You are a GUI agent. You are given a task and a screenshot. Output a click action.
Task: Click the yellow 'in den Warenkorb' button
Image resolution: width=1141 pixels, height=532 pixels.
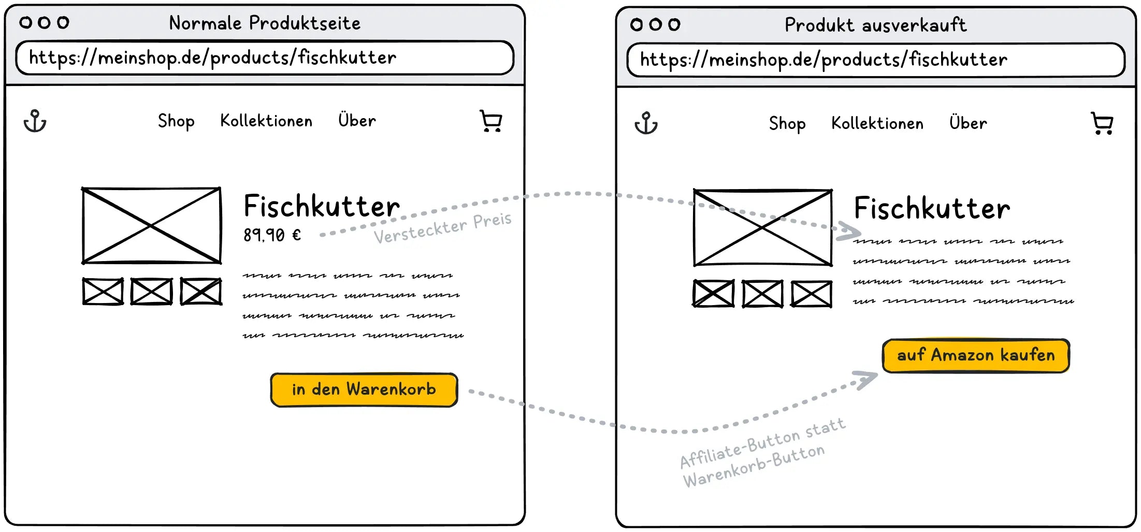click(x=364, y=390)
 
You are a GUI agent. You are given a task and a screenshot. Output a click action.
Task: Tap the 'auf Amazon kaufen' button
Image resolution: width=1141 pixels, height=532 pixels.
click(x=976, y=356)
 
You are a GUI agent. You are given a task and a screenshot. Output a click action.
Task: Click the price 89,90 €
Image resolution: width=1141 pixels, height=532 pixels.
click(x=272, y=235)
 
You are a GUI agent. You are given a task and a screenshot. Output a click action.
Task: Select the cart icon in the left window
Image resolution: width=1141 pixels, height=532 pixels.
click(x=491, y=121)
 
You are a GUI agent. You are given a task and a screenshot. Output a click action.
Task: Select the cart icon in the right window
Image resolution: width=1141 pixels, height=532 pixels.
click(x=1102, y=123)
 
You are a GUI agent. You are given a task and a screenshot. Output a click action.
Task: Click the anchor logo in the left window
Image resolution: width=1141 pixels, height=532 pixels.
click(x=35, y=121)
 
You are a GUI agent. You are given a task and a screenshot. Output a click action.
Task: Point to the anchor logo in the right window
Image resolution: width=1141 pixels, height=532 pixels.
click(x=646, y=123)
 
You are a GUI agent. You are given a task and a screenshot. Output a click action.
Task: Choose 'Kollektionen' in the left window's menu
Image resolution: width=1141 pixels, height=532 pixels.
click(x=266, y=121)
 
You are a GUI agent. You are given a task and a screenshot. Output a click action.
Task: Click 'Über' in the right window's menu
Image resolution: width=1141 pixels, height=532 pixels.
click(x=968, y=123)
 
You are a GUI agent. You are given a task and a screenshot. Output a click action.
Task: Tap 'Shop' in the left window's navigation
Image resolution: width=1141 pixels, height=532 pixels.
click(x=176, y=121)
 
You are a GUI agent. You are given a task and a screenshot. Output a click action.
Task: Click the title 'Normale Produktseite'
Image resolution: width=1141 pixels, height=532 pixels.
click(x=265, y=23)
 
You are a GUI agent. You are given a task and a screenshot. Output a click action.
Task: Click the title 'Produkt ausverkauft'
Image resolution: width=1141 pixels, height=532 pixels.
click(x=875, y=25)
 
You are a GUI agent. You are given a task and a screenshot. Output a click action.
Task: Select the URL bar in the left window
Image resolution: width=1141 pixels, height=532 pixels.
click(x=265, y=58)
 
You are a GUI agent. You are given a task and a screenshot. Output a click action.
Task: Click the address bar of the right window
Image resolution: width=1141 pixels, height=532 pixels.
click(x=875, y=60)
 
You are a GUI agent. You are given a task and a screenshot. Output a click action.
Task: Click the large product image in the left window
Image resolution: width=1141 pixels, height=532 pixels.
click(x=151, y=226)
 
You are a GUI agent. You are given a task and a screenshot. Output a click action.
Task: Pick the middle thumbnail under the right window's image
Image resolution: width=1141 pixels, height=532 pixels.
click(x=762, y=294)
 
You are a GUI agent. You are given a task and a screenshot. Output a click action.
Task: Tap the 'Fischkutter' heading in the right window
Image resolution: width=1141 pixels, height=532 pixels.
click(x=932, y=209)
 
